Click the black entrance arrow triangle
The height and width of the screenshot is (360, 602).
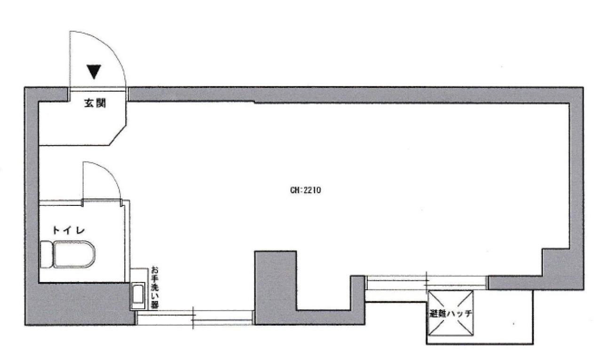point(94,71)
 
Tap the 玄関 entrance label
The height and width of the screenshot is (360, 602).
point(95,103)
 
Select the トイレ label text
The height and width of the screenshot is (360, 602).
point(69,230)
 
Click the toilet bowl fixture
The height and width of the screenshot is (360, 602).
point(74,254)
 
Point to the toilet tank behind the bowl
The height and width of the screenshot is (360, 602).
point(46,254)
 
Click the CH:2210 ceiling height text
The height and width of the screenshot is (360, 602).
point(306,190)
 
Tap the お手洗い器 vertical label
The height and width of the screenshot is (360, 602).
point(155,287)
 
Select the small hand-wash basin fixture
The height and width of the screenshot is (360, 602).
point(138,296)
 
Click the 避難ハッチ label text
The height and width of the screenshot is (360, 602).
point(451,313)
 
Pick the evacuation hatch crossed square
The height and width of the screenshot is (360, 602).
point(451,313)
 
